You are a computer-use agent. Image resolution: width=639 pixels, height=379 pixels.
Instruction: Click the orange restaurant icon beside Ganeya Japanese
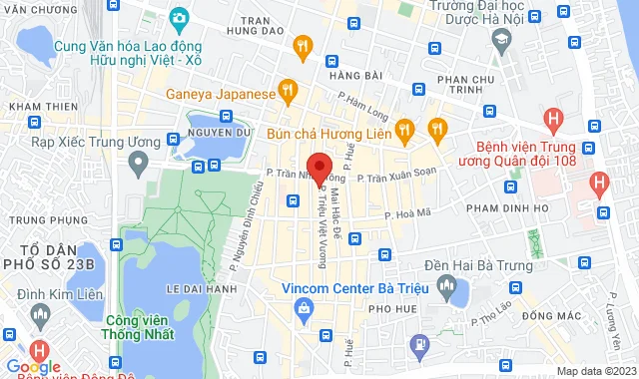click(x=287, y=93)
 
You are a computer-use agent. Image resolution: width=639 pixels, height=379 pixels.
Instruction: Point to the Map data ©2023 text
click(x=595, y=371)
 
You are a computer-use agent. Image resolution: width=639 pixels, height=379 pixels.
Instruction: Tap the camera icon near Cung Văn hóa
click(x=179, y=17)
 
